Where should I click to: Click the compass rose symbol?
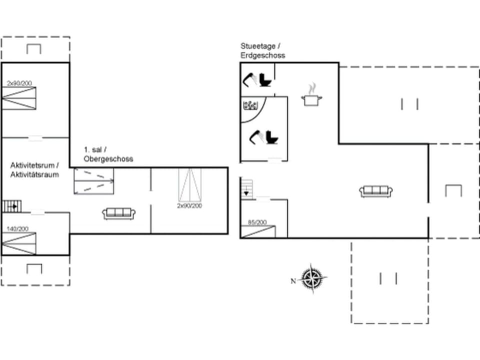[313, 277]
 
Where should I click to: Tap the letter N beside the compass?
[293, 281]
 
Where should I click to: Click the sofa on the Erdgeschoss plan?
[375, 191]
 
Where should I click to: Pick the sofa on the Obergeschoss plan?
[118, 213]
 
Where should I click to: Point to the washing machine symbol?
[249, 105]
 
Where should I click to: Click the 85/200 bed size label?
[257, 222]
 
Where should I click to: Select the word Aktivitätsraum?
[34, 174]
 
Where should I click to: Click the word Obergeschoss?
[108, 159]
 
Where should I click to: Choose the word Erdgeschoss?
[262, 55]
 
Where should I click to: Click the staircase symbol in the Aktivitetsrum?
[11, 205]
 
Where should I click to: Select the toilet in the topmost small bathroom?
[265, 80]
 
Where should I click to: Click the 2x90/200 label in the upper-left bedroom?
[19, 83]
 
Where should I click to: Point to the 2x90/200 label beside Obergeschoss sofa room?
[190, 205]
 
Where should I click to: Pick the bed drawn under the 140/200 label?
[19, 243]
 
